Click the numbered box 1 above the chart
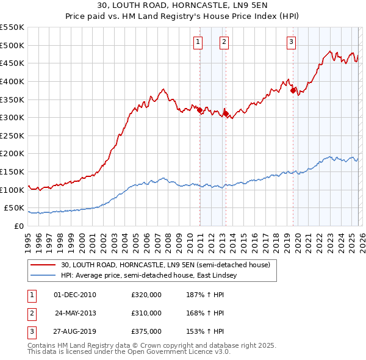pos(198,42)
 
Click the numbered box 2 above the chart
pos(224,42)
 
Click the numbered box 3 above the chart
pos(291,42)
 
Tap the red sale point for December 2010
pos(199,110)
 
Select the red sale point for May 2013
pos(226,113)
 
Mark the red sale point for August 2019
pos(293,90)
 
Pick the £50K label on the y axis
pos(14,208)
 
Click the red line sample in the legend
pos(43,265)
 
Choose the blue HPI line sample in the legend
pos(43,276)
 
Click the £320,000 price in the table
pos(146,295)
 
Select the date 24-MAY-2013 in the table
pos(76,313)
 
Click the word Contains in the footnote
pos(42,345)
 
